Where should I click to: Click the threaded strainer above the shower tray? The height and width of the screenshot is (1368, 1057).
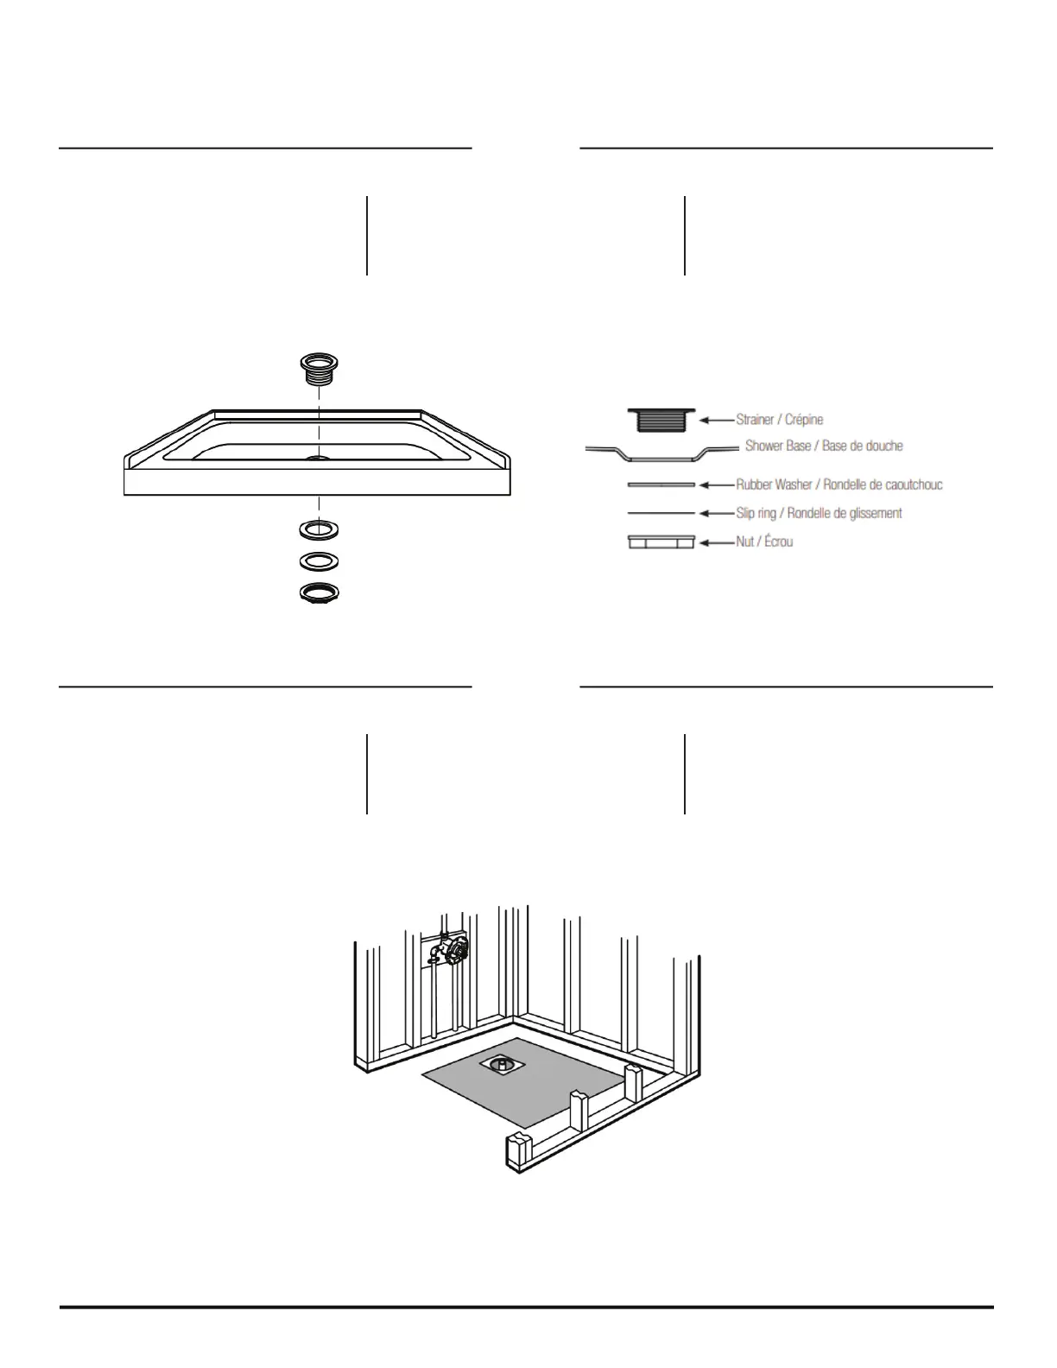pyautogui.click(x=319, y=368)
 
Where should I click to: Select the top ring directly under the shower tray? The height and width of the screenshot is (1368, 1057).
pyautogui.click(x=319, y=528)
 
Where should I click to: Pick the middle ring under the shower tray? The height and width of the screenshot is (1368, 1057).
pyautogui.click(x=319, y=561)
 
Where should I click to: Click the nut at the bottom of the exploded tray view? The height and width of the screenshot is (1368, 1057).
pyautogui.click(x=319, y=593)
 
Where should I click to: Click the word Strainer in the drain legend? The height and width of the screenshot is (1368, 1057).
pyautogui.click(x=756, y=420)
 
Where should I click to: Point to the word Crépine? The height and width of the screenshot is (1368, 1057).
pyautogui.click(x=804, y=420)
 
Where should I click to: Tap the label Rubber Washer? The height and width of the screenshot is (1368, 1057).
pyautogui.click(x=774, y=484)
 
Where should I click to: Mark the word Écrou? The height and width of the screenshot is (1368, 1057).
pyautogui.click(x=778, y=542)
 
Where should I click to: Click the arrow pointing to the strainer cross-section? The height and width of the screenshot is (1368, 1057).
pyautogui.click(x=716, y=420)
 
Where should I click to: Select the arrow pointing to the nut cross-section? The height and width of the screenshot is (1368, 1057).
pyautogui.click(x=716, y=542)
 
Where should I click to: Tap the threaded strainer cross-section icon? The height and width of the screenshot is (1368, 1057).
pyautogui.click(x=661, y=420)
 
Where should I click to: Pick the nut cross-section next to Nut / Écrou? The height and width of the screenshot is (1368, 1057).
pyautogui.click(x=661, y=542)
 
